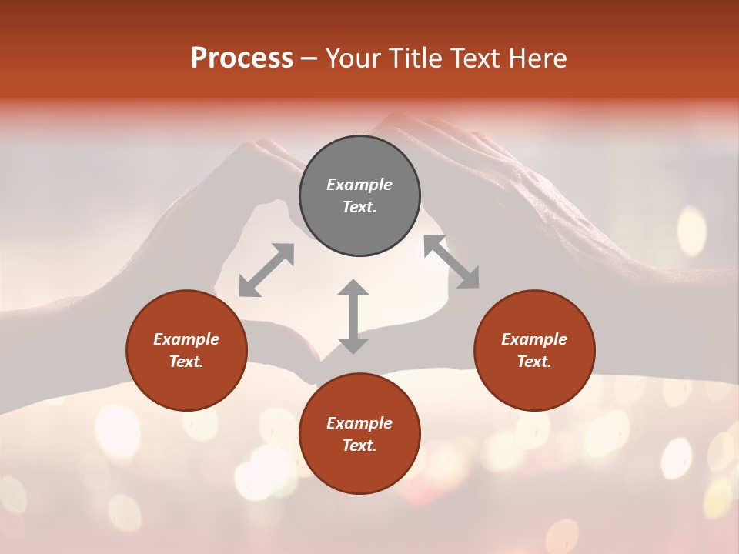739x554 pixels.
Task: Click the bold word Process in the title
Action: click(x=242, y=58)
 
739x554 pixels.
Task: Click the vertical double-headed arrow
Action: click(x=353, y=316)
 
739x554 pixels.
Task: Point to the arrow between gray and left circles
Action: click(x=266, y=270)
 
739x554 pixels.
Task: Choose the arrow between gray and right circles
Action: click(x=451, y=262)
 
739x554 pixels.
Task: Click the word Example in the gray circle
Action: click(x=359, y=185)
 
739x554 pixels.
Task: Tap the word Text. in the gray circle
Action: click(x=359, y=207)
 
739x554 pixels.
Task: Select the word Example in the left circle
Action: click(x=186, y=339)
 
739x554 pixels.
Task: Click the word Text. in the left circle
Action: click(x=186, y=362)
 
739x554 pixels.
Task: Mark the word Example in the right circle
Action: click(x=534, y=339)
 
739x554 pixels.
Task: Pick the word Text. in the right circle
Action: click(x=534, y=362)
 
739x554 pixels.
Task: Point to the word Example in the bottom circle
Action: click(x=359, y=423)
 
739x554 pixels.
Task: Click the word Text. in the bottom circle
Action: click(x=359, y=446)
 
